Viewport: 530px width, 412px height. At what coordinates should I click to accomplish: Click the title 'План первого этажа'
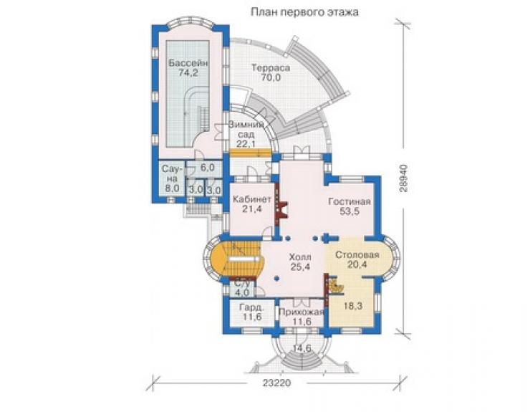[304, 12]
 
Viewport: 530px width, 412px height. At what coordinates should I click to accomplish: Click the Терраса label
[271, 67]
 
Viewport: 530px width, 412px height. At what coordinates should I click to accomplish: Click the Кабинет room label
[252, 199]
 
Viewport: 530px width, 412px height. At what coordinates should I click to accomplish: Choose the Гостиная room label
[350, 202]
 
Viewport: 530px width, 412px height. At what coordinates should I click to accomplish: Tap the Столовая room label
[357, 254]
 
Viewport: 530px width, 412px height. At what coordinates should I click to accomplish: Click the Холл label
[300, 257]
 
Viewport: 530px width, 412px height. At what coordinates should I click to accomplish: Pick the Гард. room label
[252, 308]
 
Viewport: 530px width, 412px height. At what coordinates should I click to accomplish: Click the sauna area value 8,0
[171, 188]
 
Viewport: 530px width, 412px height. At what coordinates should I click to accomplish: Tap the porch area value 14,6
[302, 348]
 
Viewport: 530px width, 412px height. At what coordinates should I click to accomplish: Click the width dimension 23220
[276, 383]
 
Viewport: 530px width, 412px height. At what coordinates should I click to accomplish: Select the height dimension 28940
[403, 178]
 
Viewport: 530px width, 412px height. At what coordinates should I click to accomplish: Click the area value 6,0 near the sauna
[207, 167]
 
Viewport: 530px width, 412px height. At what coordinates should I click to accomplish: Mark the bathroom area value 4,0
[242, 292]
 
